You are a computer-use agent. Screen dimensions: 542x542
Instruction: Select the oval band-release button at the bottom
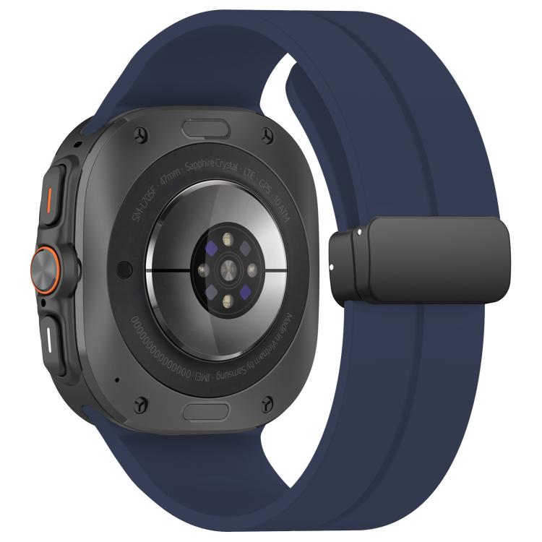tap(207, 411)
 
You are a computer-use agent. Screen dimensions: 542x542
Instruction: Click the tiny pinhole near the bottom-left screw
tap(116, 379)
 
